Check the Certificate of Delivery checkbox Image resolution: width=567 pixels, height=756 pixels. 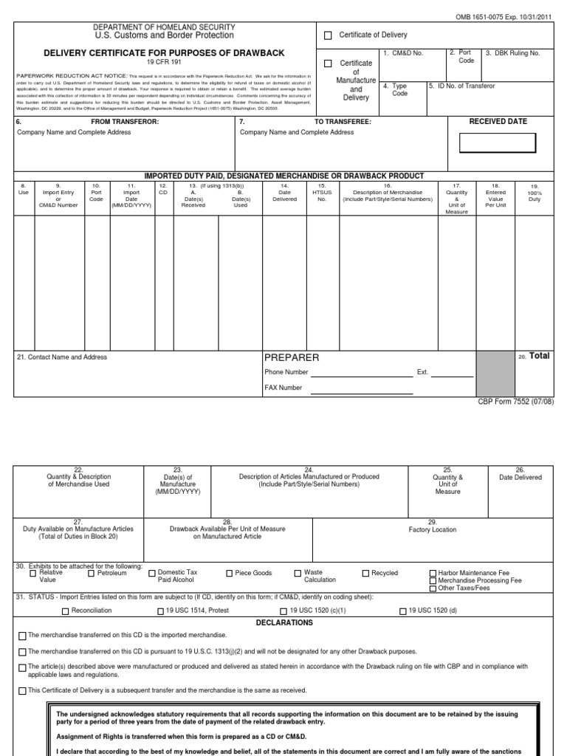(329, 35)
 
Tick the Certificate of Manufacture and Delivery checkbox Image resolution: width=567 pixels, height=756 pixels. (329, 63)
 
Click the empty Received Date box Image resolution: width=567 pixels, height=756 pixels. (487, 142)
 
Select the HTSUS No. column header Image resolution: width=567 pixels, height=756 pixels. (321, 193)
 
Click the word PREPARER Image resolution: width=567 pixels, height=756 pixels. (292, 357)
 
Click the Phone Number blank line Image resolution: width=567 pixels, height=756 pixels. (362, 374)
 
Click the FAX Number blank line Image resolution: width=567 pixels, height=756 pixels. (362, 389)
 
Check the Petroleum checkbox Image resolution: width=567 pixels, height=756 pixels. (92, 574)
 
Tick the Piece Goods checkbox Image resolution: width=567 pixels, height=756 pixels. (229, 574)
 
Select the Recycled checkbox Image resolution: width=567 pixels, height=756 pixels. (365, 574)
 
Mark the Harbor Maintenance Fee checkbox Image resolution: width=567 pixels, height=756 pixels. (433, 574)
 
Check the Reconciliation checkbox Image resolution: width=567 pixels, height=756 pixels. (66, 611)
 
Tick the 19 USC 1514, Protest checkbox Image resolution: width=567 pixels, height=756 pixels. (161, 611)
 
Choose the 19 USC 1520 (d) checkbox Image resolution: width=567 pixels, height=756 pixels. (402, 611)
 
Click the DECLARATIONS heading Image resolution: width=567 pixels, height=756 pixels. (284, 622)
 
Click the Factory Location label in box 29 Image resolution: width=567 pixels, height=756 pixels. (433, 529)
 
